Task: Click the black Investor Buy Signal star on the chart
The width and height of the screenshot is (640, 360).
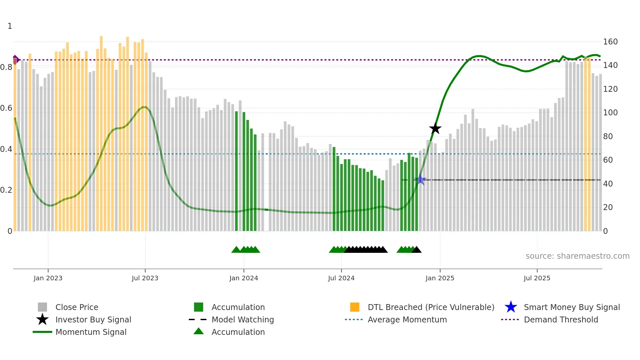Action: tap(435, 129)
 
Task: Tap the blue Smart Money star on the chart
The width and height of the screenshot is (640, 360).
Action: tap(421, 180)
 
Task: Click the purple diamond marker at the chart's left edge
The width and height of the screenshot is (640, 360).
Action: tap(15, 60)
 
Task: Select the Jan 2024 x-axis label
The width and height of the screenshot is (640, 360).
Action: tap(244, 278)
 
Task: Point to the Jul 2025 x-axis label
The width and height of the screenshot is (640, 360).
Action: tap(537, 278)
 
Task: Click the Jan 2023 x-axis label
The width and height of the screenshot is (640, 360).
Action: tap(48, 278)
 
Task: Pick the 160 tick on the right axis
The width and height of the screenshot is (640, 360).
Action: tap(610, 42)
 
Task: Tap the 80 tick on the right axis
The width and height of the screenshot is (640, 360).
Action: tap(608, 137)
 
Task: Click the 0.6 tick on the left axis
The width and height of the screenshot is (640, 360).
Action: tap(6, 108)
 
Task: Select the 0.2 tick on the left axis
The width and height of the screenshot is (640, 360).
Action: tap(6, 190)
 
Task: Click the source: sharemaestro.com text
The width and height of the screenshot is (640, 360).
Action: tap(577, 256)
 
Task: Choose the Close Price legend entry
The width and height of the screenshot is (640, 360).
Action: tap(77, 307)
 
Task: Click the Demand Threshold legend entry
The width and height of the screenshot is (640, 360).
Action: tap(561, 320)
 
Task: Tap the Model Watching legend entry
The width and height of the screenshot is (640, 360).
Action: tap(243, 320)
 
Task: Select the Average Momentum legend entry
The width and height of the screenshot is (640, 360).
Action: tap(407, 320)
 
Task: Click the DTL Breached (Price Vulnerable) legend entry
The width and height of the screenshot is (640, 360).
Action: tap(431, 307)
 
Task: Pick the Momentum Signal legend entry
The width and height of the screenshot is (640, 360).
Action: tap(91, 332)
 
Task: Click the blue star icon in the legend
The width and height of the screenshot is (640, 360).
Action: tap(511, 307)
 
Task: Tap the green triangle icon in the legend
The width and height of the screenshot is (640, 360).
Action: tap(199, 332)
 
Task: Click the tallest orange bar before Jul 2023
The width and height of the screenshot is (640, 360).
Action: tap(101, 131)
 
